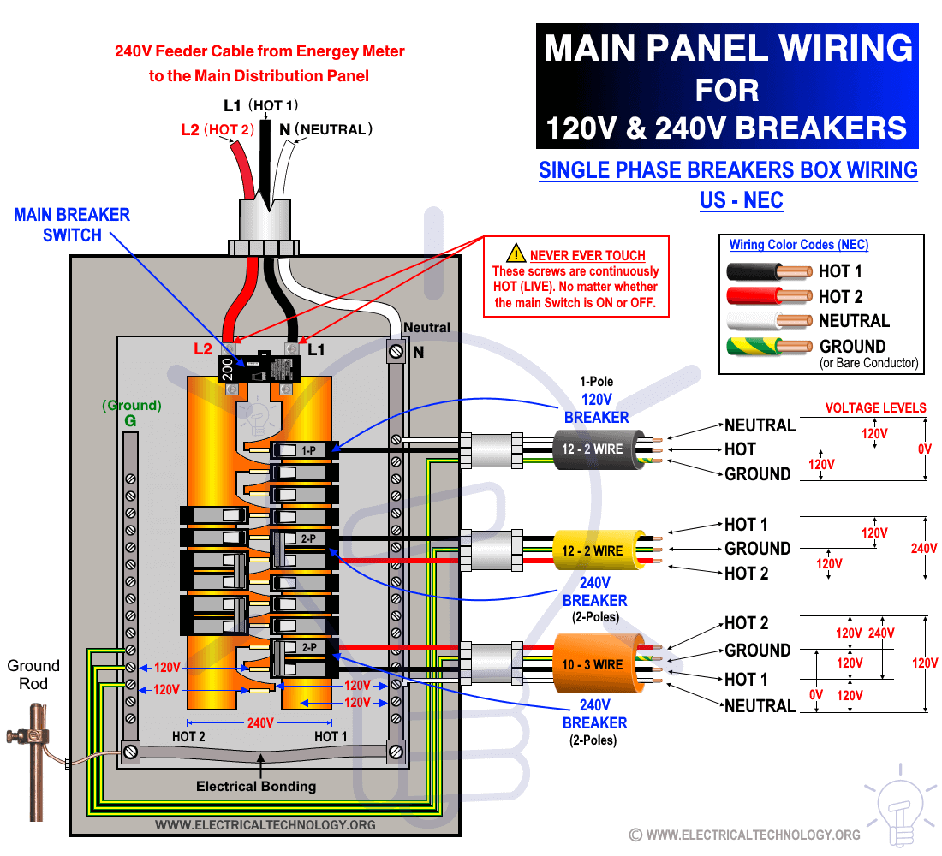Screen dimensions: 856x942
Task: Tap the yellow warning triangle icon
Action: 516,253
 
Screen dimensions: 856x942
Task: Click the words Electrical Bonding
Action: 256,786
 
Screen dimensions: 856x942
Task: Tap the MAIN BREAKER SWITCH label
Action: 72,224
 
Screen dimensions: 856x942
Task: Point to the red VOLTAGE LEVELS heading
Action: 875,407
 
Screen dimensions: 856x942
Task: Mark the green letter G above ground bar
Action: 130,421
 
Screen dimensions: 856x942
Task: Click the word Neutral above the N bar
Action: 426,327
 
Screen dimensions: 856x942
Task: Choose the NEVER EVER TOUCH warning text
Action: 587,255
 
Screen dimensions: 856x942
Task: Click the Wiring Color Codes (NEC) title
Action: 799,245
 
